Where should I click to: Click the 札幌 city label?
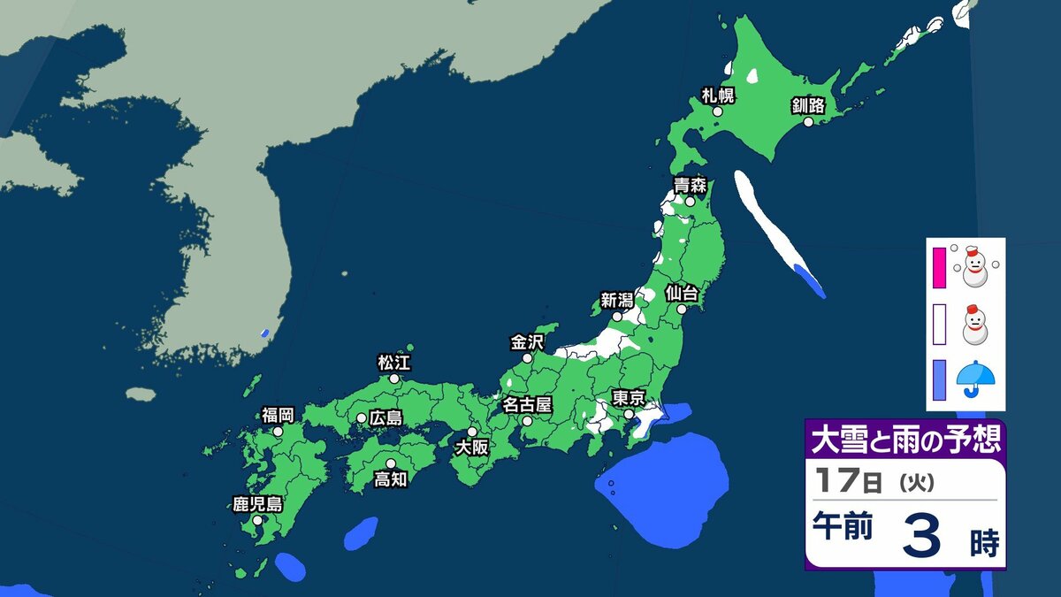coord(718,95)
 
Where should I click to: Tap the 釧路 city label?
coord(807,106)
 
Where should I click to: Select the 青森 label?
coord(690,185)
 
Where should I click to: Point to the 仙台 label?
coord(683,291)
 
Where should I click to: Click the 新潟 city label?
coord(618,299)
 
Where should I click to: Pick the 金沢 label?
coord(528,341)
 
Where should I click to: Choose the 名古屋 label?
coord(527,404)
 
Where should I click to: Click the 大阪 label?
coord(471,448)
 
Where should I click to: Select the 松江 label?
coord(394,362)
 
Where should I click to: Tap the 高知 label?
coord(390,479)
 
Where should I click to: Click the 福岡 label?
coord(278,415)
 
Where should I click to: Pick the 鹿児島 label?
coord(257,504)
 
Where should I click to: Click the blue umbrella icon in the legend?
coord(976,379)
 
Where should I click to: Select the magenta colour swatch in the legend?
coord(939,264)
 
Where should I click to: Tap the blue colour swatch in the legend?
coord(939,379)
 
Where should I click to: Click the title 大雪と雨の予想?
coord(905,440)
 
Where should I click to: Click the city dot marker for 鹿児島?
coord(257,521)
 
